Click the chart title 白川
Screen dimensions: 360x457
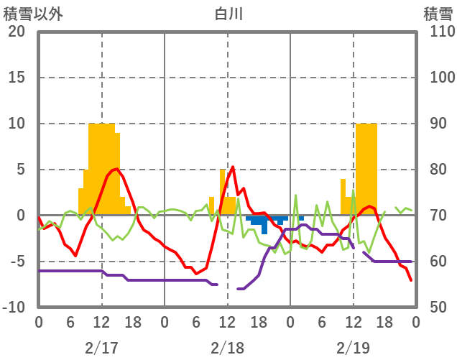pos(228,13)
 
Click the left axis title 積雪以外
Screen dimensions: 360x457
pos(33,13)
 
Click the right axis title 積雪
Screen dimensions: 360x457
pos(438,13)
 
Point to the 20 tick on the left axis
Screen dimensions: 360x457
pos(17,32)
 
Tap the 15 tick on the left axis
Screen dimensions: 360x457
pos(17,78)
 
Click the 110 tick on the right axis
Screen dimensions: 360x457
pos(437,32)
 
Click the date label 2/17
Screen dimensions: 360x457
pos(101,348)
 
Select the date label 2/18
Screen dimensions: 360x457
pos(227,348)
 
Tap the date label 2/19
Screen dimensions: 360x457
pos(353,348)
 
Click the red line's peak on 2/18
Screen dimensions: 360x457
pos(233,167)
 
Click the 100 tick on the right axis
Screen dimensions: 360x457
pos(437,78)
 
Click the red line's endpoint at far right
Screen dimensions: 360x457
pos(411,280)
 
